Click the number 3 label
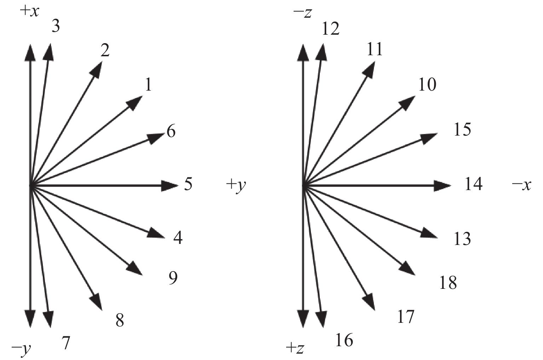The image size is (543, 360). click(56, 27)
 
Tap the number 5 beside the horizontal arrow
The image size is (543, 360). click(188, 184)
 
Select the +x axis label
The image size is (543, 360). click(29, 11)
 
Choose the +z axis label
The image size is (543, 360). click(295, 348)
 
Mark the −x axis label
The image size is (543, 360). click(521, 185)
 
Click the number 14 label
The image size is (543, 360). click(473, 184)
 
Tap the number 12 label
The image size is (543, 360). click(331, 29)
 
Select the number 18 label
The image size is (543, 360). click(448, 282)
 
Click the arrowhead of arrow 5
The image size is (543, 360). click(169, 185)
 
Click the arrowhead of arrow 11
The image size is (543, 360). click(370, 69)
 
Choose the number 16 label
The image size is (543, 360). click(344, 340)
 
